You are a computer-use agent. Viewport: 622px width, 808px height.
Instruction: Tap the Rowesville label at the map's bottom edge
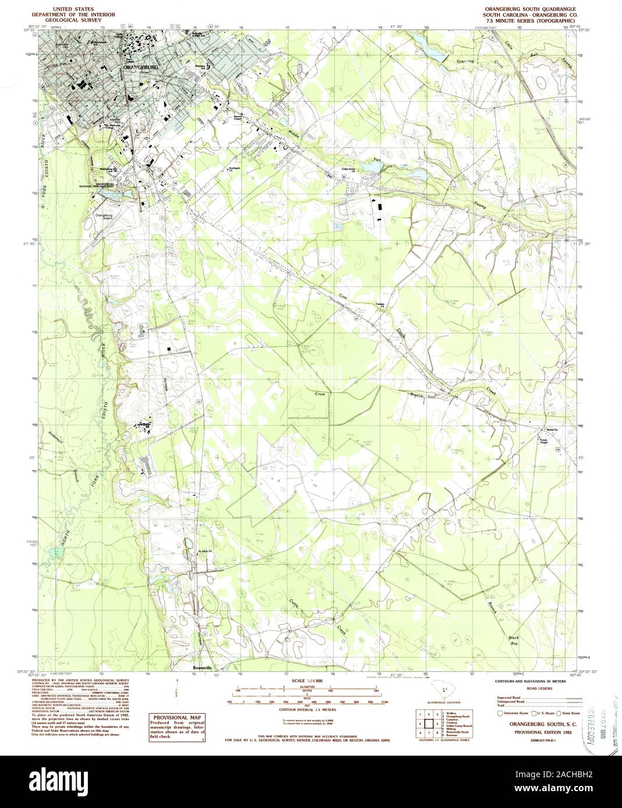click(x=205, y=668)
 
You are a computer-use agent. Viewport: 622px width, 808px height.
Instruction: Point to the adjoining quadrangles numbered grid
click(x=431, y=723)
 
